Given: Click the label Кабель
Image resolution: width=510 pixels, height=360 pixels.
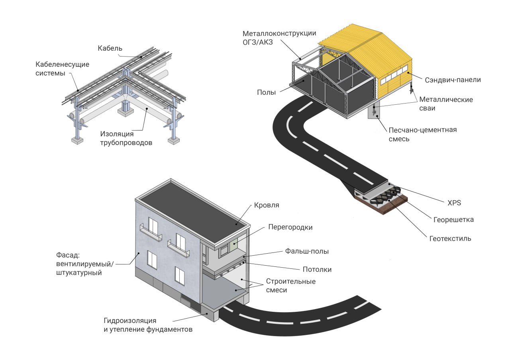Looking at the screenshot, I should tap(110, 48).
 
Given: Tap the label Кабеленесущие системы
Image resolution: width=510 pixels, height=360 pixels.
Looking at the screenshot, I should tap(62, 68).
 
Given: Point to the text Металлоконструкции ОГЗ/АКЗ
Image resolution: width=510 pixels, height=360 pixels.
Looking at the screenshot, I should tap(279, 37).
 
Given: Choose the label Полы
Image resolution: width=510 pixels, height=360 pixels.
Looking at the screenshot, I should tap(266, 92).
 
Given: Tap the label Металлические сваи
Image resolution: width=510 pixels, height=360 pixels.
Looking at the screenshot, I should tap(446, 104).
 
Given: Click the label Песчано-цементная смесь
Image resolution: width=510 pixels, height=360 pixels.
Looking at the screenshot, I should tap(422, 134).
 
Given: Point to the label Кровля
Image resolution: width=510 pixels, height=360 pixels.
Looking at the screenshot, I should tap(267, 206).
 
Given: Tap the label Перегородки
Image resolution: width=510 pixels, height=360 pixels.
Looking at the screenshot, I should tap(290, 227).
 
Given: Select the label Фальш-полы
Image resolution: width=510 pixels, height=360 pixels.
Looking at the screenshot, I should tap(307, 251).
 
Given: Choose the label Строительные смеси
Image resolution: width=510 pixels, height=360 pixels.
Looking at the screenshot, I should tap(290, 286).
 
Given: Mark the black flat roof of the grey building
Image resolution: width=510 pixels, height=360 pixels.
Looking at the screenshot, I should tap(191, 211).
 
